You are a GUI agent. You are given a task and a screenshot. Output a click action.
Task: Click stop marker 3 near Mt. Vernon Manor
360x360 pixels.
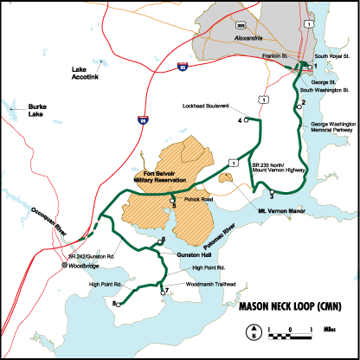(x=272, y=192)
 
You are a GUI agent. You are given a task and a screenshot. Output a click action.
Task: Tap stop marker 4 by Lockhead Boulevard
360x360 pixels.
(x=247, y=119)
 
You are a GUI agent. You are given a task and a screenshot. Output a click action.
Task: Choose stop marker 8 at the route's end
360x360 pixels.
(x=117, y=304)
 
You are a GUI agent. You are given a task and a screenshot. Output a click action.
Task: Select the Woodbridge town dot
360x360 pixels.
(x=66, y=265)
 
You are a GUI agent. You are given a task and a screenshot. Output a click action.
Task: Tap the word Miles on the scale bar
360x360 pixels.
(x=330, y=330)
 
